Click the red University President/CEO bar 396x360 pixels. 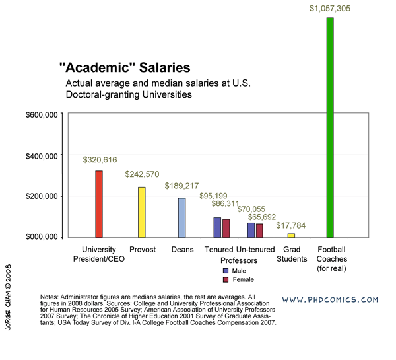click(x=99, y=204)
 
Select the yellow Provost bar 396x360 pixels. click(x=141, y=212)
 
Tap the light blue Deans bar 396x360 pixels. click(x=181, y=217)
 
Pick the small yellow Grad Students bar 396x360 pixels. click(x=291, y=235)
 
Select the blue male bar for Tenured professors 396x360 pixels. click(x=217, y=227)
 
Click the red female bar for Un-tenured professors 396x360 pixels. click(x=259, y=230)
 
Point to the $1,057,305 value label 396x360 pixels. click(x=331, y=8)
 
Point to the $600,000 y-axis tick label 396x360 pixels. click(x=43, y=114)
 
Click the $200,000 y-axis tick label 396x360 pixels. click(x=43, y=196)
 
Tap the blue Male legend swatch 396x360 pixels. click(x=226, y=270)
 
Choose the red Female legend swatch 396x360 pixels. click(x=226, y=280)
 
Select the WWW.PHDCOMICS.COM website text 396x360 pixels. click(x=330, y=299)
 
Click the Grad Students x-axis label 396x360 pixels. click(x=291, y=254)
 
